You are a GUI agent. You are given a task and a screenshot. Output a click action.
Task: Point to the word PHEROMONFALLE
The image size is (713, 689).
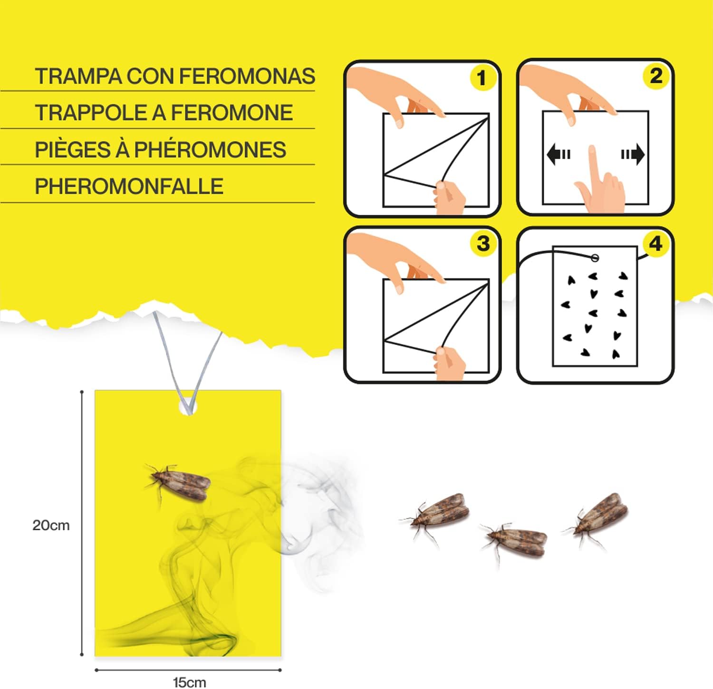pos(129,186)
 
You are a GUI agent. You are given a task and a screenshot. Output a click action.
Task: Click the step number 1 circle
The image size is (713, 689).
pos(482,78)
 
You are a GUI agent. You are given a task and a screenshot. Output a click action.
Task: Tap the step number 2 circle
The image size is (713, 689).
pos(655,76)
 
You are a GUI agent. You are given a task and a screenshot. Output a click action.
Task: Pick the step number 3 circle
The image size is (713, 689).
pos(482,243)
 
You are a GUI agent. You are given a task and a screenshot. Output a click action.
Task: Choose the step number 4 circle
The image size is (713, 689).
pos(655,244)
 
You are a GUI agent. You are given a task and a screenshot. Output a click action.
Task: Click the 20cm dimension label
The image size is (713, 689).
pos(51,526)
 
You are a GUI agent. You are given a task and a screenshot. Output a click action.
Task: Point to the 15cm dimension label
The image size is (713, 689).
pos(189,682)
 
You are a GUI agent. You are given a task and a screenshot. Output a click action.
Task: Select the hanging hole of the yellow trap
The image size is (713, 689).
pos(188,407)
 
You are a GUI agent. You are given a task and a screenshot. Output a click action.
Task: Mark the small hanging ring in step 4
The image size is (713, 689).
pos(595,258)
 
